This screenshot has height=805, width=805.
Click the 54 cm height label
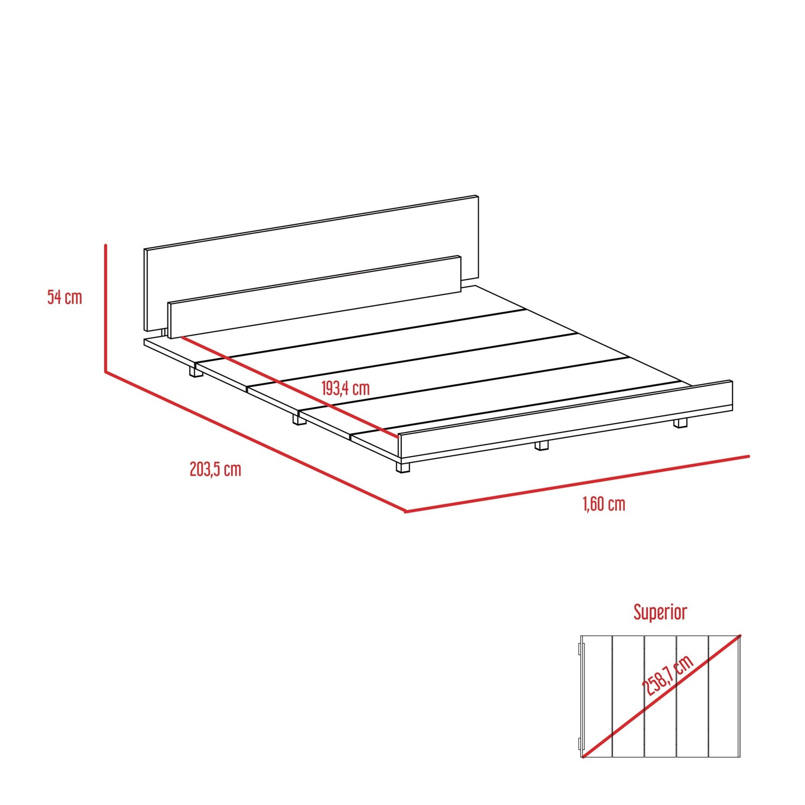coord(65,297)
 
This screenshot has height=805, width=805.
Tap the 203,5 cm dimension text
coord(215,470)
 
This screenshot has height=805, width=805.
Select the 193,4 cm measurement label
coord(346,388)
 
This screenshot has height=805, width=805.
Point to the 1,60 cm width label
coord(604,504)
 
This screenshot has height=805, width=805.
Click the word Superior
coord(660,612)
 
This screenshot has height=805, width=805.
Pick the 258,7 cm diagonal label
coord(668,676)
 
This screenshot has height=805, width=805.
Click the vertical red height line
coord(106,308)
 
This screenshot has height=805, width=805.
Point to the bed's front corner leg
coord(403,466)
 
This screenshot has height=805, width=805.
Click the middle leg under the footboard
coord(542,445)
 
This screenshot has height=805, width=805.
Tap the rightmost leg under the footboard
coord(680,423)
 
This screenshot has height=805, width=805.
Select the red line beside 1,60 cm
coord(577,484)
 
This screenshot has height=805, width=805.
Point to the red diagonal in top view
coord(661,696)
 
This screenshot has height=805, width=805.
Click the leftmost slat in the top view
coord(596,696)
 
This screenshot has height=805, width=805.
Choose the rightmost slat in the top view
coord(724,696)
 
